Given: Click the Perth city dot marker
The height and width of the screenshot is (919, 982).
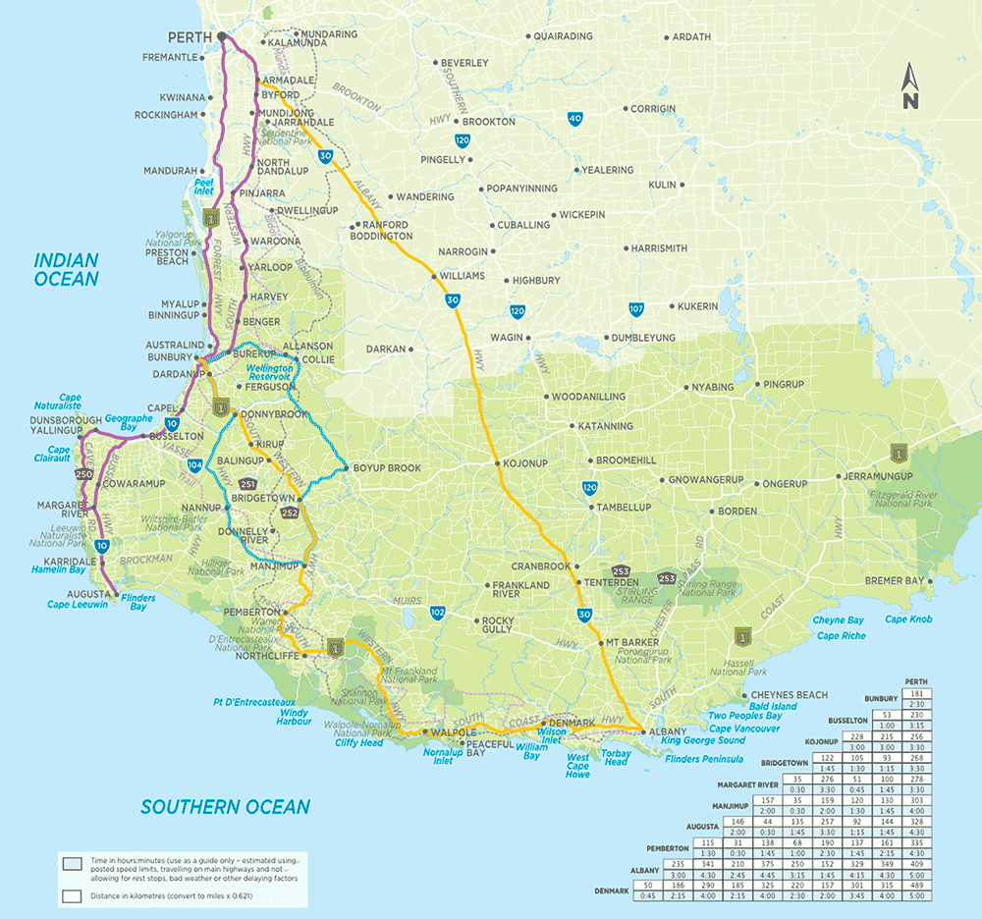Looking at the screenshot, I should pyautogui.click(x=222, y=36).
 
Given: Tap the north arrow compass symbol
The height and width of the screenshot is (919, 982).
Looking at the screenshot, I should pyautogui.click(x=910, y=86).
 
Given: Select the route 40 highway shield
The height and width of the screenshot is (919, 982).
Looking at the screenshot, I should pyautogui.click(x=574, y=119).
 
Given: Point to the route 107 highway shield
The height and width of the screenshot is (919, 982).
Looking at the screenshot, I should pyautogui.click(x=636, y=310).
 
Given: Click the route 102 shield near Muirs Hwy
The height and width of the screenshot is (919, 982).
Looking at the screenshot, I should pyautogui.click(x=437, y=613).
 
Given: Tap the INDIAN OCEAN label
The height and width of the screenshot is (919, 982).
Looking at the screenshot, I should pyautogui.click(x=67, y=270).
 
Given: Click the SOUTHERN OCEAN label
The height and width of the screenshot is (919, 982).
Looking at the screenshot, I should pyautogui.click(x=225, y=807).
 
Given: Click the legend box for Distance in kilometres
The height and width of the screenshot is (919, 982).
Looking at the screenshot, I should pyautogui.click(x=71, y=895).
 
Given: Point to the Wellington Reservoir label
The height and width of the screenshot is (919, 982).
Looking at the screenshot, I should pyautogui.click(x=268, y=372).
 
